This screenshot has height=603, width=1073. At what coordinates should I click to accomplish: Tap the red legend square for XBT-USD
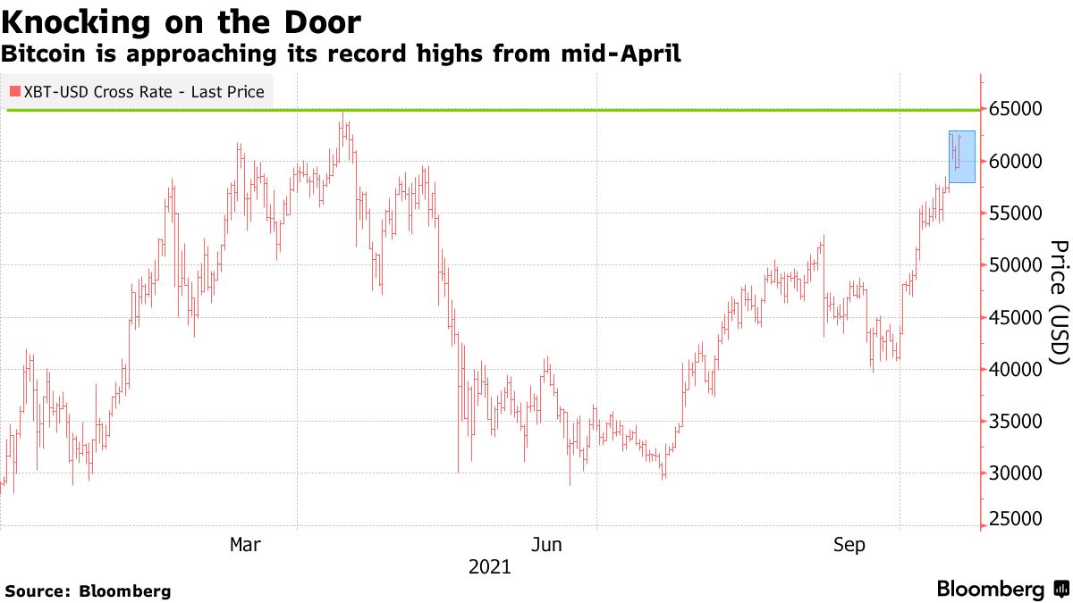[x=15, y=91]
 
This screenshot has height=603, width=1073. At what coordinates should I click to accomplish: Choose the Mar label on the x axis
[x=246, y=544]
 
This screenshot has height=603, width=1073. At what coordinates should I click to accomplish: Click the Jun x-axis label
[x=546, y=544]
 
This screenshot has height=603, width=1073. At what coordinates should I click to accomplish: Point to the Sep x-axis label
[x=849, y=544]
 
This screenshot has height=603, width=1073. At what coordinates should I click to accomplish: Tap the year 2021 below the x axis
[x=489, y=566]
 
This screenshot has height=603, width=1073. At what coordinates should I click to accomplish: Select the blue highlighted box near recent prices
[x=961, y=157]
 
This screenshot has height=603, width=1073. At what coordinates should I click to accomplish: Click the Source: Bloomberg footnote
[x=88, y=590]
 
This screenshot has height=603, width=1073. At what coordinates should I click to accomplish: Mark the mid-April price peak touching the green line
[x=342, y=114]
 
